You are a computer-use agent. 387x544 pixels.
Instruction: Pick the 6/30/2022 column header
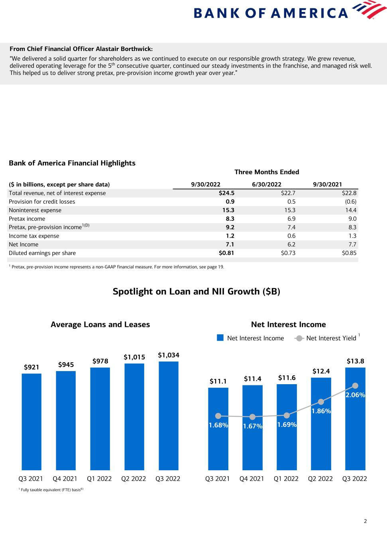point(267,184)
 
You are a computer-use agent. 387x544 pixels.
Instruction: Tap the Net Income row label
point(24,245)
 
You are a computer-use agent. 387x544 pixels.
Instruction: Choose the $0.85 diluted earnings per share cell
point(349,253)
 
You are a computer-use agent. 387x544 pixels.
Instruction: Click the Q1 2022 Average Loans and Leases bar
point(100,418)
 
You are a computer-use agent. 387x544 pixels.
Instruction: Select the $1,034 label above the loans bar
point(169,355)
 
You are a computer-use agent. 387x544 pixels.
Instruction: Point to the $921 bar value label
point(31,367)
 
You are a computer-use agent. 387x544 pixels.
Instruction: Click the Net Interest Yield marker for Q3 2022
point(356,385)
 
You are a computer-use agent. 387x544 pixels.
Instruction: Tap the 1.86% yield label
point(321,411)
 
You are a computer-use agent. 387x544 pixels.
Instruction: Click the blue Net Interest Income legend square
point(220,338)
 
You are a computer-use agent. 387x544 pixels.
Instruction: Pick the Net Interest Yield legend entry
point(327,338)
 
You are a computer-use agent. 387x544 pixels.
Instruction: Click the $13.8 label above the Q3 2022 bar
point(356,361)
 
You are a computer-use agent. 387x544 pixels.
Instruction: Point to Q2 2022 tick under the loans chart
point(134,479)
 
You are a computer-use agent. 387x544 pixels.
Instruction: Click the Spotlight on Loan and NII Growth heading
point(196,291)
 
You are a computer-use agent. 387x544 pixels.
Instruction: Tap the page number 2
point(365,521)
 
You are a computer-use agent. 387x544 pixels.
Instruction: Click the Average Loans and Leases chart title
point(100,324)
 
